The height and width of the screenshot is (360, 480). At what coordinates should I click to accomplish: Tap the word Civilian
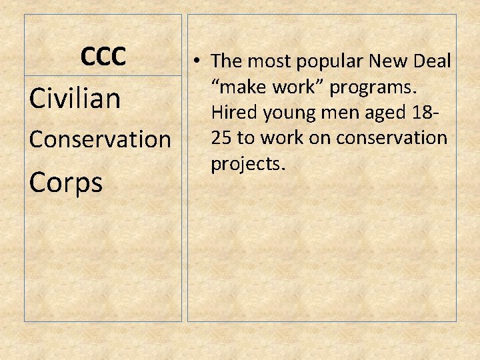[75, 99]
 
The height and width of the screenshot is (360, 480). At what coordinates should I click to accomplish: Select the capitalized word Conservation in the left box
[100, 139]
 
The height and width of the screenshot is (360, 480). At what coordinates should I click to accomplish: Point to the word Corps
[66, 181]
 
